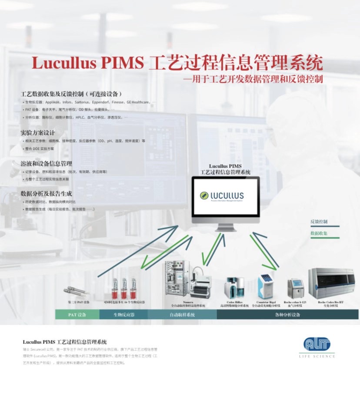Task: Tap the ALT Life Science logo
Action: pyautogui.click(x=317, y=345)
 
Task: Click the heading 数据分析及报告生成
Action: pyautogui.click(x=46, y=193)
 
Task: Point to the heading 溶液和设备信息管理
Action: pyautogui.click(x=46, y=163)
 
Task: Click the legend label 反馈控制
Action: pyautogui.click(x=319, y=222)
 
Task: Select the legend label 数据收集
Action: pyautogui.click(x=319, y=234)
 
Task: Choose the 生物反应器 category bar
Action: pyautogui.click(x=123, y=314)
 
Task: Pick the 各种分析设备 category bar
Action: pyautogui.click(x=287, y=314)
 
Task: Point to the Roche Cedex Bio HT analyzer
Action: pyautogui.click(x=331, y=283)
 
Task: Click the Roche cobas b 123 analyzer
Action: pyautogui.click(x=295, y=287)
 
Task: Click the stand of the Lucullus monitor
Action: pyautogui.click(x=226, y=227)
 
